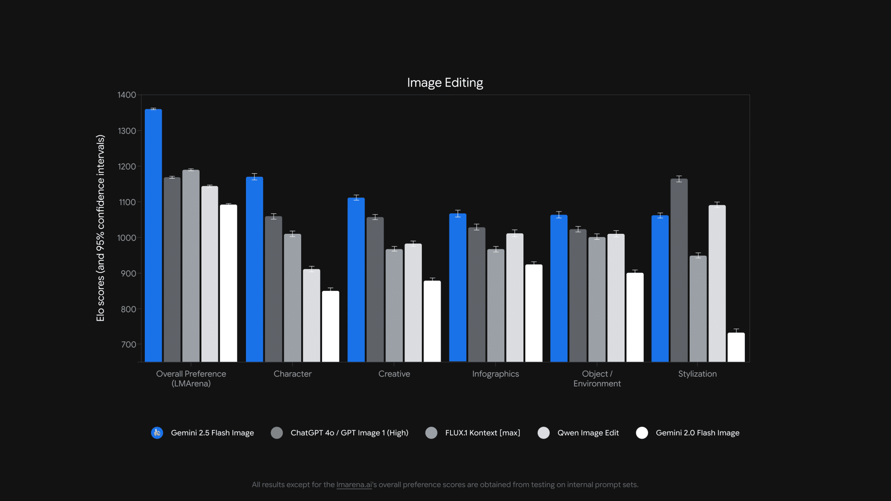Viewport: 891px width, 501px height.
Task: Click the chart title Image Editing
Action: point(445,83)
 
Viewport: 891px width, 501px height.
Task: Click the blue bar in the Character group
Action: point(254,269)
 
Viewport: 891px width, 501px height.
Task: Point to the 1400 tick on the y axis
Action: point(127,95)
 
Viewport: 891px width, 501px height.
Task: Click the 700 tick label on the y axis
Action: point(128,345)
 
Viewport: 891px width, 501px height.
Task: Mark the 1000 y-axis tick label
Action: point(127,238)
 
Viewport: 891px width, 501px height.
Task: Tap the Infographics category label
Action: point(495,374)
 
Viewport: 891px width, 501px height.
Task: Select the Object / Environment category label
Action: point(597,379)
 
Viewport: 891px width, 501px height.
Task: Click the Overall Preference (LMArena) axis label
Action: point(191,379)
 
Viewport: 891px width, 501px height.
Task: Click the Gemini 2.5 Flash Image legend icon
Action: point(157,433)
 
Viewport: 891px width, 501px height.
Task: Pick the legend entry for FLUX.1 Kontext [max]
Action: point(482,433)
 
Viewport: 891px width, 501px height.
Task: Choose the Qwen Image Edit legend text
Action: point(588,433)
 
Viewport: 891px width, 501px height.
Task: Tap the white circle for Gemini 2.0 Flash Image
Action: point(642,433)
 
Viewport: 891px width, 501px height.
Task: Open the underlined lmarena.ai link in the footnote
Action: point(354,485)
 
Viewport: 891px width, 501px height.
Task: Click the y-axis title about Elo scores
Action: point(101,228)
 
